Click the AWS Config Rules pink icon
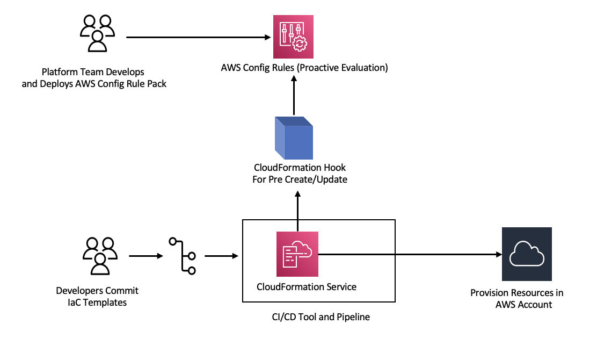(x=294, y=37)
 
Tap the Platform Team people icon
(x=98, y=33)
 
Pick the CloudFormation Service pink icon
(x=297, y=253)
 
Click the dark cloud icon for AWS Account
(x=527, y=254)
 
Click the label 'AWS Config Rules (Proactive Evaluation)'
(x=304, y=68)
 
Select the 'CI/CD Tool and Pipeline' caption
(x=321, y=317)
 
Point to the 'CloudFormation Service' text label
(x=307, y=286)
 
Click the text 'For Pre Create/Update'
(x=300, y=179)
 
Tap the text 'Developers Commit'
(x=97, y=291)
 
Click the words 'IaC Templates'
(x=97, y=303)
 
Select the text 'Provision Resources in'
(x=517, y=293)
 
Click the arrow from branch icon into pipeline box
(x=221, y=256)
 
